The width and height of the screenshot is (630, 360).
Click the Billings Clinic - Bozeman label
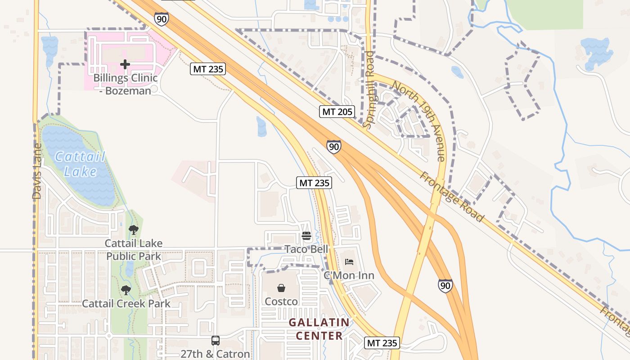click(x=125, y=84)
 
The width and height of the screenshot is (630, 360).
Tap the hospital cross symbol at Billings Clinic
click(x=125, y=65)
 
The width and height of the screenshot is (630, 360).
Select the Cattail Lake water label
click(x=80, y=164)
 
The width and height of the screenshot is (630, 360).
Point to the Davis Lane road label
click(x=37, y=171)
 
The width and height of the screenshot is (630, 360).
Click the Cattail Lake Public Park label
click(x=133, y=249)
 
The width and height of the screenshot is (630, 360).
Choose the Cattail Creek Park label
click(x=126, y=303)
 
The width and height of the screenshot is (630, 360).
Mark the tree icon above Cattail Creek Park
click(x=126, y=290)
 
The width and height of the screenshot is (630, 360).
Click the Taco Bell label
click(x=306, y=249)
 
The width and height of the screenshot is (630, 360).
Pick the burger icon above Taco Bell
click(x=306, y=236)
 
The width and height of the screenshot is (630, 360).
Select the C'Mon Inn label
click(x=349, y=275)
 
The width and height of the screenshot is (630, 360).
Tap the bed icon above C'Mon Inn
click(x=349, y=261)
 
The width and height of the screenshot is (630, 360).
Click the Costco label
click(x=281, y=301)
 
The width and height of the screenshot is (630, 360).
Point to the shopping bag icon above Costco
click(x=281, y=288)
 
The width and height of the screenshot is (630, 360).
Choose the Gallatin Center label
click(x=319, y=329)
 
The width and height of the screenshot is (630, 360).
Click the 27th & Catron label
click(x=215, y=354)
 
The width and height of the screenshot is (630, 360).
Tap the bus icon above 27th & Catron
click(x=216, y=341)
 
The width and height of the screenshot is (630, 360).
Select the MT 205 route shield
click(x=337, y=112)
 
